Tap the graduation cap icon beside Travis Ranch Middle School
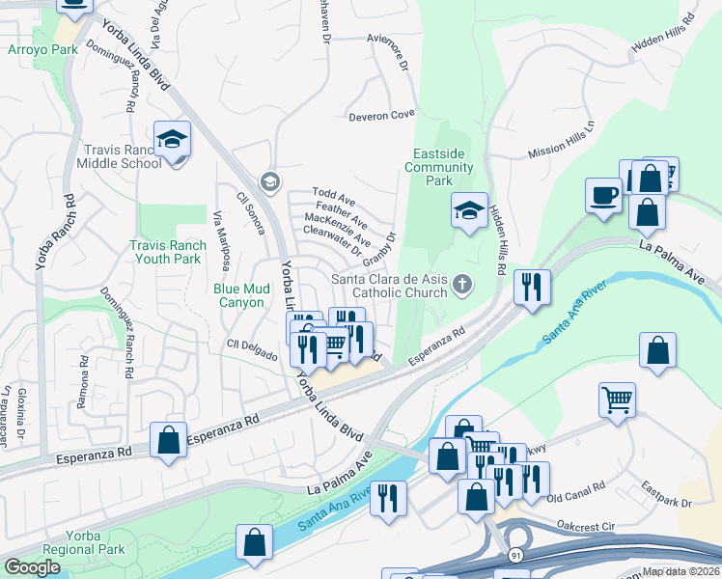172,140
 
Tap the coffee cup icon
603,195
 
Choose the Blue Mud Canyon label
238,294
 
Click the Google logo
32,567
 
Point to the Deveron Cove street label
381,115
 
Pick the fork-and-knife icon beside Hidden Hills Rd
532,288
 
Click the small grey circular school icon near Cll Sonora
269,181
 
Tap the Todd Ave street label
333,197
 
